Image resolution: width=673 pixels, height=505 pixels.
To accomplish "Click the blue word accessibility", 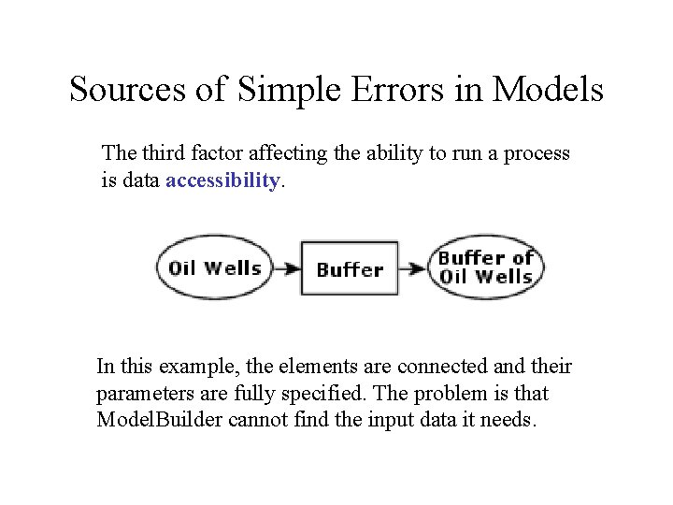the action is (x=222, y=180).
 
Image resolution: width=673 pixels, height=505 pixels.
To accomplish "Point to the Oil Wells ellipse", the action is (x=214, y=267).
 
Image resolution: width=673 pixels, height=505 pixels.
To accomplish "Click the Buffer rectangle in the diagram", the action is (x=350, y=269).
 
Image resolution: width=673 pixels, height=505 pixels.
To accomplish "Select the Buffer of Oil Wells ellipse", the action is (x=486, y=267).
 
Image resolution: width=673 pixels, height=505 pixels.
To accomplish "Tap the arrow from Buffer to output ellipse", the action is (x=414, y=268).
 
